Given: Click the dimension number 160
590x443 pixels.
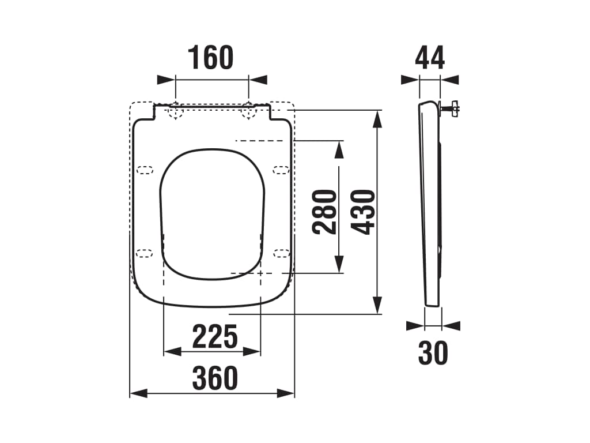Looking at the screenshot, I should tap(211, 58).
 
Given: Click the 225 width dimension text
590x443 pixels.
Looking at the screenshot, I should tap(214, 337).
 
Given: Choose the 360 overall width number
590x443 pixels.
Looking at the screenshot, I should tap(214, 378).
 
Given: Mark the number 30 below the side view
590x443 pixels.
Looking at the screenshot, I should tap(433, 353).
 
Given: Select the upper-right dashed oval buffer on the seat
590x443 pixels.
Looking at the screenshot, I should tap(281, 170).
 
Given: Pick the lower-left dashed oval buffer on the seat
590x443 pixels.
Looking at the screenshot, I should tap(145, 252).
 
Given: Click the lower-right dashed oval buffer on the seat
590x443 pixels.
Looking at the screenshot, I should tap(281, 252).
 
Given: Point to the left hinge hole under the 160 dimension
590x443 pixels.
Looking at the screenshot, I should tap(175, 112).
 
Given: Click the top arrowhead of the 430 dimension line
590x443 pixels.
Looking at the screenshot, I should tap(377, 118).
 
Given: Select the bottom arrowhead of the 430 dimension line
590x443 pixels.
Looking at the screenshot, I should tap(377, 306).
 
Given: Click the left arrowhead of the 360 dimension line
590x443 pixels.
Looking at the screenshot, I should tap(138, 393).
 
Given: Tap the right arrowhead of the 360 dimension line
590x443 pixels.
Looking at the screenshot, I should tap(286, 393).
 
